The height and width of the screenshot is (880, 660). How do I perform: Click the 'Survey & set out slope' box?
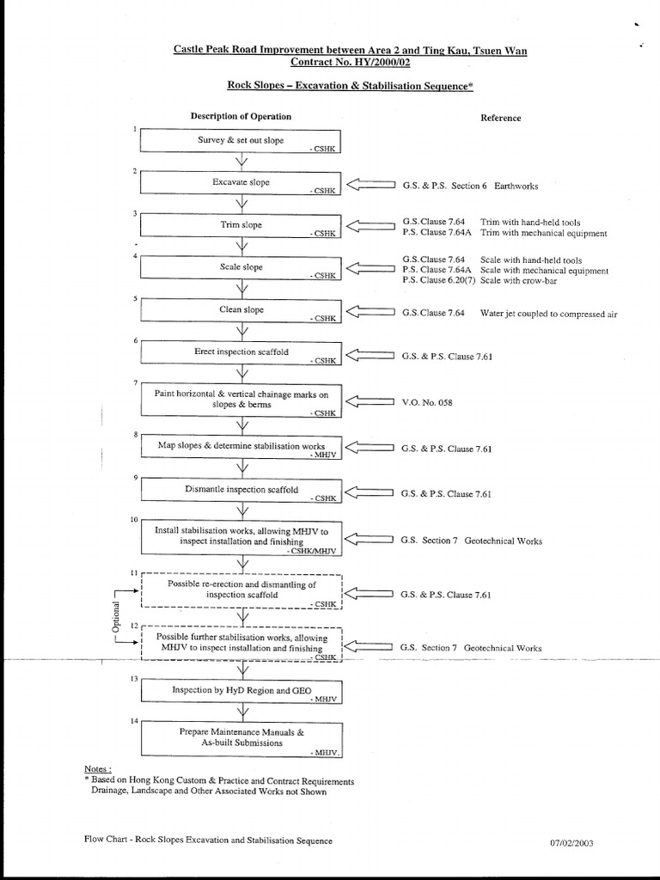[x=241, y=141]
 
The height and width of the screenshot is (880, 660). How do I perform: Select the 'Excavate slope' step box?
[x=241, y=183]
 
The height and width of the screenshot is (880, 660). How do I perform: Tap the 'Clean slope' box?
[x=241, y=310]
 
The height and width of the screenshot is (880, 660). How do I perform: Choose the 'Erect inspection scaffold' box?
[x=241, y=352]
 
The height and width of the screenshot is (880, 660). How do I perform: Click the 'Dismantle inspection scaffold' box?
[x=241, y=490]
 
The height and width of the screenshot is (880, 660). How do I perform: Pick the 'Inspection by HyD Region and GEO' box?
[x=241, y=691]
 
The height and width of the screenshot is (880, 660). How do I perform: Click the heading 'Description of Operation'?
[x=241, y=116]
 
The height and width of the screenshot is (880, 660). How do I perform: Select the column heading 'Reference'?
[x=500, y=118]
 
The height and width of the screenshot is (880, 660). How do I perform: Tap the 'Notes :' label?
[x=98, y=768]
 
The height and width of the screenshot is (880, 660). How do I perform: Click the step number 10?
[x=133, y=519]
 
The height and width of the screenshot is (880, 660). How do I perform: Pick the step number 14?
[x=133, y=720]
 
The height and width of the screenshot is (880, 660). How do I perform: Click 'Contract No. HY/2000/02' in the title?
[x=350, y=64]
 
